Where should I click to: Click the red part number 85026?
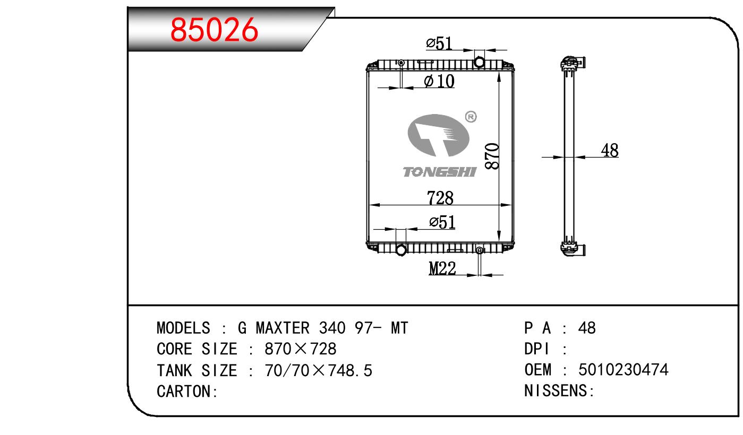point(214,30)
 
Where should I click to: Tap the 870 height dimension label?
point(492,156)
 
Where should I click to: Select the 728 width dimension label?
point(440,198)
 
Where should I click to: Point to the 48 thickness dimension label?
point(610,151)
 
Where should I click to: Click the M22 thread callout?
point(442,268)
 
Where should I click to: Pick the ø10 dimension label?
point(439,81)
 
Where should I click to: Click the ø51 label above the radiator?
point(439,43)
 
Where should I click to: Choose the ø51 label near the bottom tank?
point(442,222)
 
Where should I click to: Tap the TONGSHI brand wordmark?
point(440,172)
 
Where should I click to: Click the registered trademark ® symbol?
point(471,117)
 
